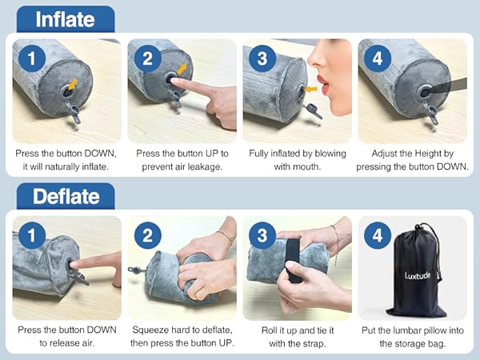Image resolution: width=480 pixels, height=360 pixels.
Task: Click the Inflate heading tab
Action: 66,19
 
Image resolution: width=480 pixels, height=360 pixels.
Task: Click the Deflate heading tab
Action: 66,196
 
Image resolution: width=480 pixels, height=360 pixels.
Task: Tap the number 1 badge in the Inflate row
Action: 32,58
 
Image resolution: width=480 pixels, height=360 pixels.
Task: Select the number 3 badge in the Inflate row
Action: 262,58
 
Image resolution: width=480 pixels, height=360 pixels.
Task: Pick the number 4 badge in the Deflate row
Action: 378,235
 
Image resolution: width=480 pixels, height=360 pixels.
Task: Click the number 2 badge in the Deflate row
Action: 147,235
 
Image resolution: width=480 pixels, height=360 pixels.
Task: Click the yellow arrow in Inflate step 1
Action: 73,84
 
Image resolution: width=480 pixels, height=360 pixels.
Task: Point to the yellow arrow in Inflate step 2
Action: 182,69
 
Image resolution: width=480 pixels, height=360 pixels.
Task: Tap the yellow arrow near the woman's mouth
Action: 312,90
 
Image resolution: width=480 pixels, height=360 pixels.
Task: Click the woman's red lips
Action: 323,85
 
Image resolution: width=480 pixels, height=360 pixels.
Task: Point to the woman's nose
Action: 314,60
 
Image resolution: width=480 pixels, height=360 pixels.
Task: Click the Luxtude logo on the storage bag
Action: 418,275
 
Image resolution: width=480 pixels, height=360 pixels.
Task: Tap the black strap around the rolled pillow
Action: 294,260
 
